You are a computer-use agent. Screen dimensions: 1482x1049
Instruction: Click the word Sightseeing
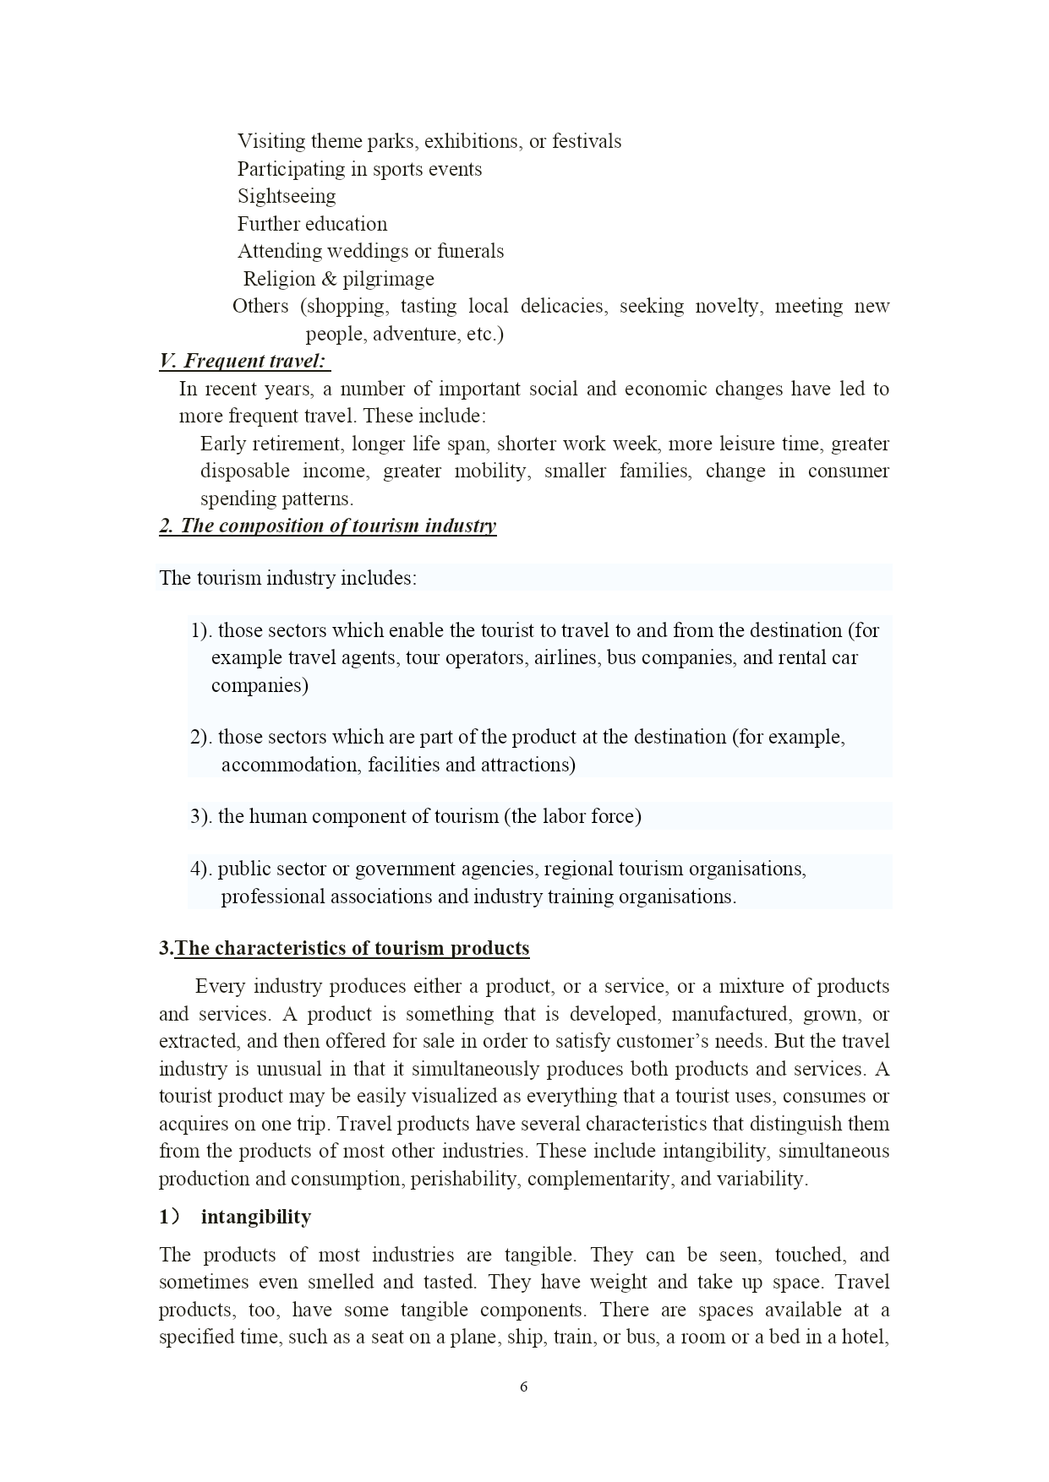coord(286,197)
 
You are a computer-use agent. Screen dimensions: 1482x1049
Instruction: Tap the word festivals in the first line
coord(586,142)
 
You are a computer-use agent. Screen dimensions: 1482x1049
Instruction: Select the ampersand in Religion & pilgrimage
coord(329,279)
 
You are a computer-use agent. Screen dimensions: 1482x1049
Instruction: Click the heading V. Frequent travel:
coord(243,362)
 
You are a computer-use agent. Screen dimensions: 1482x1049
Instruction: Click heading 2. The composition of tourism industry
coord(328,526)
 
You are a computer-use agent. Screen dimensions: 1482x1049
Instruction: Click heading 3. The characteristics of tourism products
coord(345,949)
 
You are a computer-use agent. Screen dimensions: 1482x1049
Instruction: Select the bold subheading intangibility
coord(255,1218)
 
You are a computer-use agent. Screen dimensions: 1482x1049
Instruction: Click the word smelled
coord(341,1283)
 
